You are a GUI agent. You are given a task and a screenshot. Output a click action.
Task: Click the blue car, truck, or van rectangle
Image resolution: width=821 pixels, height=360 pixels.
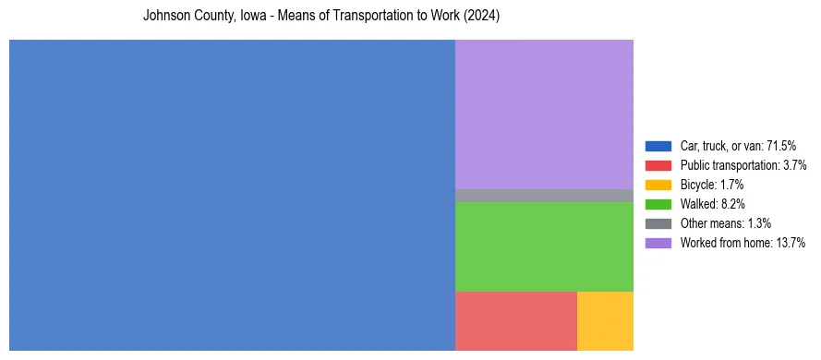point(232,195)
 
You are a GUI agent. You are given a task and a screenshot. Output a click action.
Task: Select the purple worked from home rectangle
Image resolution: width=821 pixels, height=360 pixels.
point(544,114)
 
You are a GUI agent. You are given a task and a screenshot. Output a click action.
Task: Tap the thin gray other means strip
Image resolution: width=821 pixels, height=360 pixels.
point(544,196)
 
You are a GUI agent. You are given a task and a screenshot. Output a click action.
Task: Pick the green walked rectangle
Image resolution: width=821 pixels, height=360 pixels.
point(544,246)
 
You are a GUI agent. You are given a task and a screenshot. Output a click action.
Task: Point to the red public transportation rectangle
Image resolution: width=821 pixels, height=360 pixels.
point(515,321)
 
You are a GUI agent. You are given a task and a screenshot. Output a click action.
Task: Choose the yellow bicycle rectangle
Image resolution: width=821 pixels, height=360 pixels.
point(605,321)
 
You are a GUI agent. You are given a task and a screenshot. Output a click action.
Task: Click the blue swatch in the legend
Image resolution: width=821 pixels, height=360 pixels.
point(658,146)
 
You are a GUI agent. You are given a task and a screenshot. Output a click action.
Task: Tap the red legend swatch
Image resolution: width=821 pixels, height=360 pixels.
point(658,165)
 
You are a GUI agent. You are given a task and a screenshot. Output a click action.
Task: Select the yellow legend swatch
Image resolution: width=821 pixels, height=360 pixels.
point(658,185)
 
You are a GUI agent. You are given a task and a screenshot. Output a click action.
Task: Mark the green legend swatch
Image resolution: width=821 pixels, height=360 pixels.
point(658,204)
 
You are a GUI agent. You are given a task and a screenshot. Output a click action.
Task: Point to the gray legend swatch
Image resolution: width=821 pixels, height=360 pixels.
point(658,223)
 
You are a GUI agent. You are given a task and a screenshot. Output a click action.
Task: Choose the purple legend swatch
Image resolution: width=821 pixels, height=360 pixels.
point(658,243)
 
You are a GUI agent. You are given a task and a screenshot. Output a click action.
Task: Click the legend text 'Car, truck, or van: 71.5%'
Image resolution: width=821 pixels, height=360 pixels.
point(738,146)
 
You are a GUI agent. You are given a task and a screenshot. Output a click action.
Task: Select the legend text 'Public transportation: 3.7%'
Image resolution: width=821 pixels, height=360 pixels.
point(743,165)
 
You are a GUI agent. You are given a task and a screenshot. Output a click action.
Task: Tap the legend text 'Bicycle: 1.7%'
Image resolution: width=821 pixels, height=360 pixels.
point(712,185)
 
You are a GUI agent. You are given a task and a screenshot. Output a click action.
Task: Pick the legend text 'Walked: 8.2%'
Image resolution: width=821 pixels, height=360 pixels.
point(712,204)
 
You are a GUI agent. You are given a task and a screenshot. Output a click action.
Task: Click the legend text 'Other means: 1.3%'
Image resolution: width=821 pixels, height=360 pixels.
point(725,223)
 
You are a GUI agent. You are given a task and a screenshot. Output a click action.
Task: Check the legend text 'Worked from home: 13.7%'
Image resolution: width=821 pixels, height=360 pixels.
point(740,243)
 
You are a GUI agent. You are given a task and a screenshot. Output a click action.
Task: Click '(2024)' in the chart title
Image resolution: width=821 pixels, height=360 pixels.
point(482,17)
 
